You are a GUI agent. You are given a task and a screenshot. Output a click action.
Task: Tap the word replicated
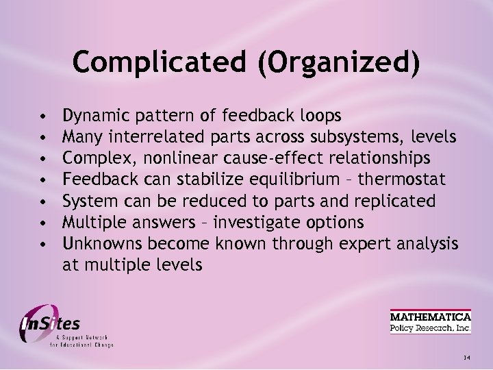(395, 201)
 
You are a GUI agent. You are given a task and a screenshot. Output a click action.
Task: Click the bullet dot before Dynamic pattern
(42, 116)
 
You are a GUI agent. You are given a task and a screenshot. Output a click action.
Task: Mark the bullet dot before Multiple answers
(42, 223)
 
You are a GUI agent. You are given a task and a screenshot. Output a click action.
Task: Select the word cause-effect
(285, 159)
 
